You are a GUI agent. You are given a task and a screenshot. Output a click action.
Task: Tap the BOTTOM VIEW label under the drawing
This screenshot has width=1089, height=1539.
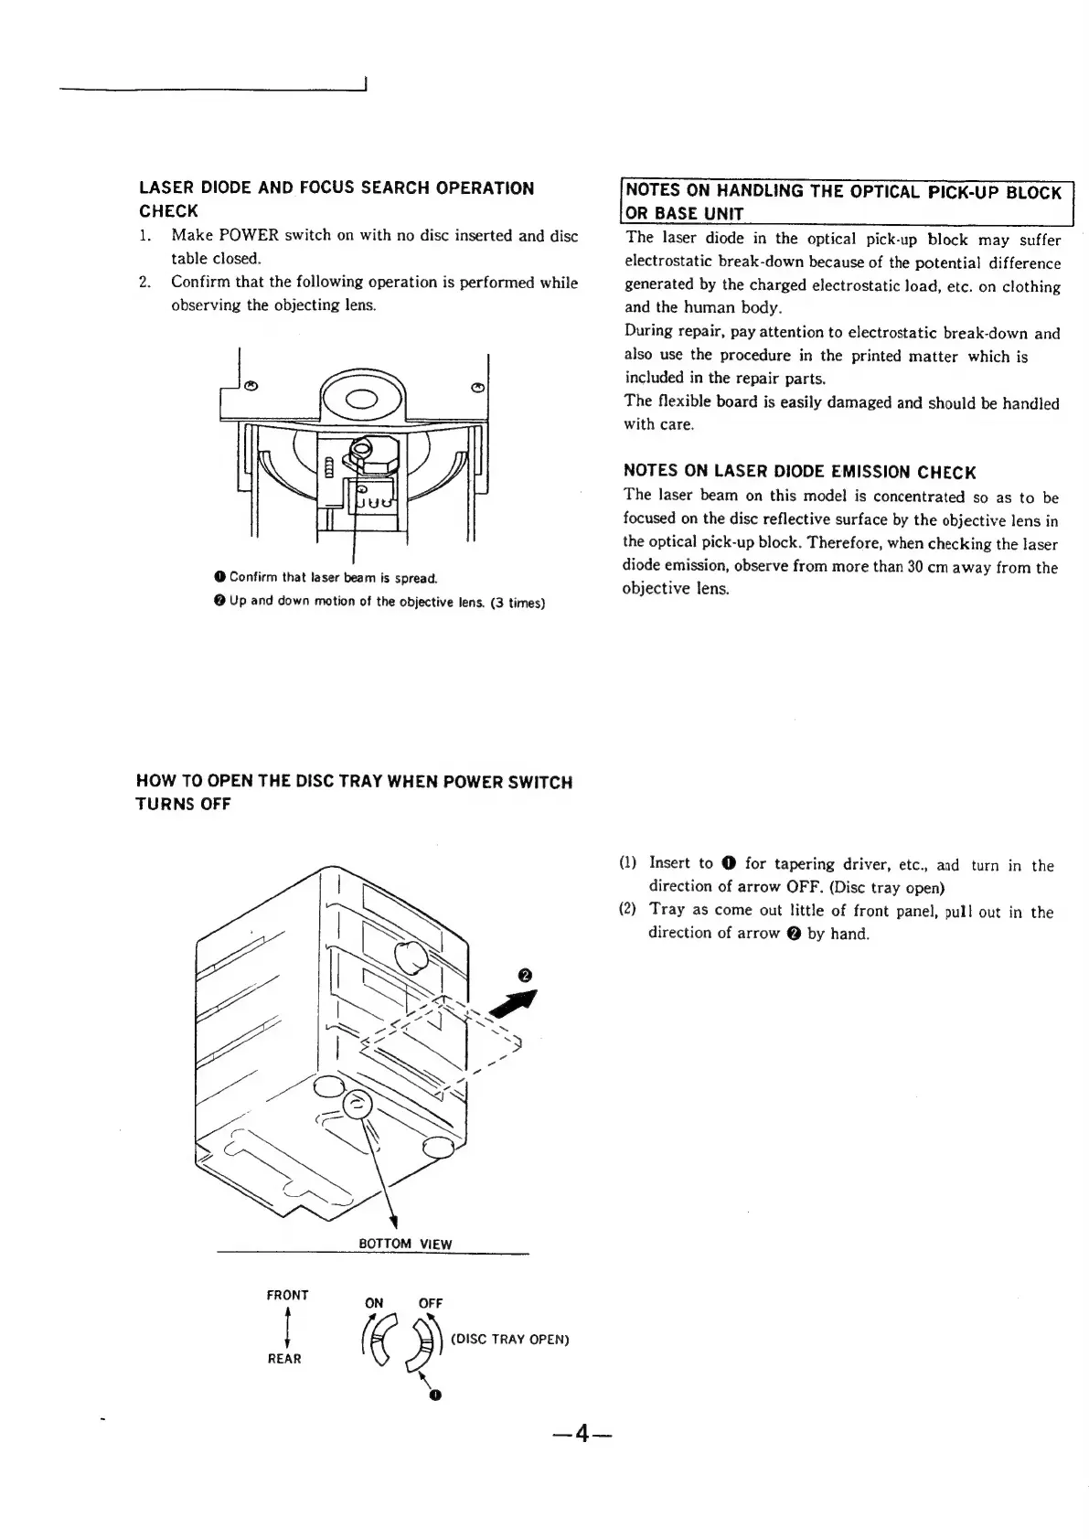405,1244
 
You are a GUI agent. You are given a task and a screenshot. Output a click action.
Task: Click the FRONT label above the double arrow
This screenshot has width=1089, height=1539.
287,1295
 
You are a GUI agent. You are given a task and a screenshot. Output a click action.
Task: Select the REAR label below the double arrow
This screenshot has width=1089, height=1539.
284,1359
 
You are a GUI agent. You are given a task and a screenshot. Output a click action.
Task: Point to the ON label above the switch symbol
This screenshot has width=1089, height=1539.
374,1303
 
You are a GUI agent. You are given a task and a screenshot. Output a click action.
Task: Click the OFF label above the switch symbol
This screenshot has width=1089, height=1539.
431,1303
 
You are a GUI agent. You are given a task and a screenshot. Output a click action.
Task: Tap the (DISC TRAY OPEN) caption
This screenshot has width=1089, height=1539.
510,1340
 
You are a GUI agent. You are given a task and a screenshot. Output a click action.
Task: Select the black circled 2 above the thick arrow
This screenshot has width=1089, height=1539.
524,975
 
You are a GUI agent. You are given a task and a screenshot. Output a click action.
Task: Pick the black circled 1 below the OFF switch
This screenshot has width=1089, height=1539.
435,1395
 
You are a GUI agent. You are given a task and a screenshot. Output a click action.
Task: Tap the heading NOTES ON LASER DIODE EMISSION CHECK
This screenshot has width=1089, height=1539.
799,472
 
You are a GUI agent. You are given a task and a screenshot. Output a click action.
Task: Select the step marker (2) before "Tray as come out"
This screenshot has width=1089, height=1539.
627,910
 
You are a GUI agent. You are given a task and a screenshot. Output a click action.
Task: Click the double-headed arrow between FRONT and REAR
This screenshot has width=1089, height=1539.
287,1327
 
